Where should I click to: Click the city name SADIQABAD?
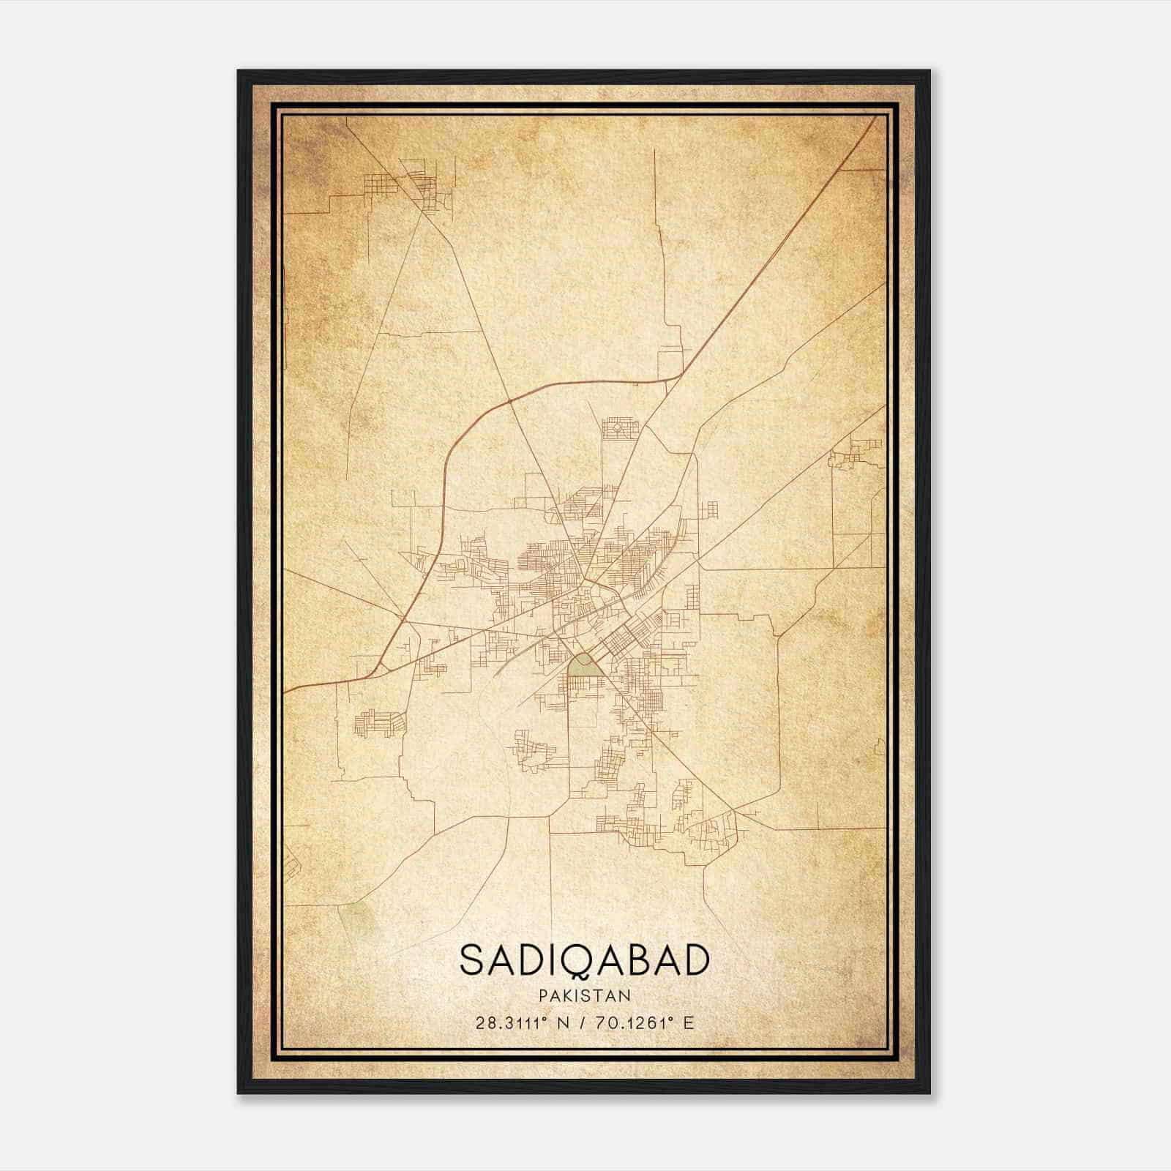[584, 961]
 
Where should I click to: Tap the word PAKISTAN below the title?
[584, 995]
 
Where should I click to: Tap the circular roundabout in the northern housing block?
[617, 427]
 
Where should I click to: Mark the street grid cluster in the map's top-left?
[410, 183]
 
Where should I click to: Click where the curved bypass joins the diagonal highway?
[681, 375]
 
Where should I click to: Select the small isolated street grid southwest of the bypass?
[379, 722]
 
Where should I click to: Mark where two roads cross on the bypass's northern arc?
[509, 402]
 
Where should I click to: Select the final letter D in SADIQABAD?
[696, 961]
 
